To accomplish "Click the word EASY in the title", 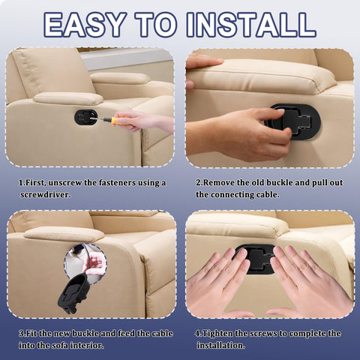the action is pos(85,25).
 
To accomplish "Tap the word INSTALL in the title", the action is pos(251,25).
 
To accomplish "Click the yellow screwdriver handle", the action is pos(118,121).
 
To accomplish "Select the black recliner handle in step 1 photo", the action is pos(85,117).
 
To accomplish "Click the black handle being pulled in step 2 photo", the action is pos(295,121).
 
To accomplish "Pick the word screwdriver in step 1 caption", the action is pos(46,195).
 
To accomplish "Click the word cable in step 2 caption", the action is pos(268,195).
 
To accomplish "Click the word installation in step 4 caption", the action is pos(220,346).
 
